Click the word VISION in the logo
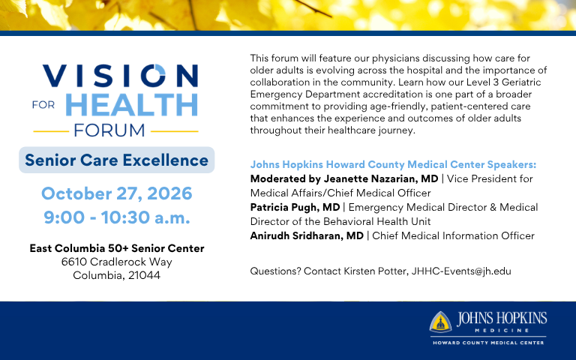tap(121, 76)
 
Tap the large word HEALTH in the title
tap(131, 105)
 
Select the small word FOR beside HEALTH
tap(43, 105)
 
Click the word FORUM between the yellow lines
tap(109, 130)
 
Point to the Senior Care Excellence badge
tap(117, 160)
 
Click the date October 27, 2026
tap(117, 193)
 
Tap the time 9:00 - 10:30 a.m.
tap(117, 217)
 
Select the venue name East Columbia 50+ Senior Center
tap(117, 248)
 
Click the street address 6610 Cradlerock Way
tap(117, 262)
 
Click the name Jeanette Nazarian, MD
tap(381, 179)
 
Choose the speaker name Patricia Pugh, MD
tap(295, 208)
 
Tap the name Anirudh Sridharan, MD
tap(307, 235)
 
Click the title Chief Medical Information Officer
tap(453, 235)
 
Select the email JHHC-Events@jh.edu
tap(461, 271)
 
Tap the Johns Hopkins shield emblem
tap(440, 322)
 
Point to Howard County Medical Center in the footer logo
tap(488, 343)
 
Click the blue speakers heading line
tap(393, 164)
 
